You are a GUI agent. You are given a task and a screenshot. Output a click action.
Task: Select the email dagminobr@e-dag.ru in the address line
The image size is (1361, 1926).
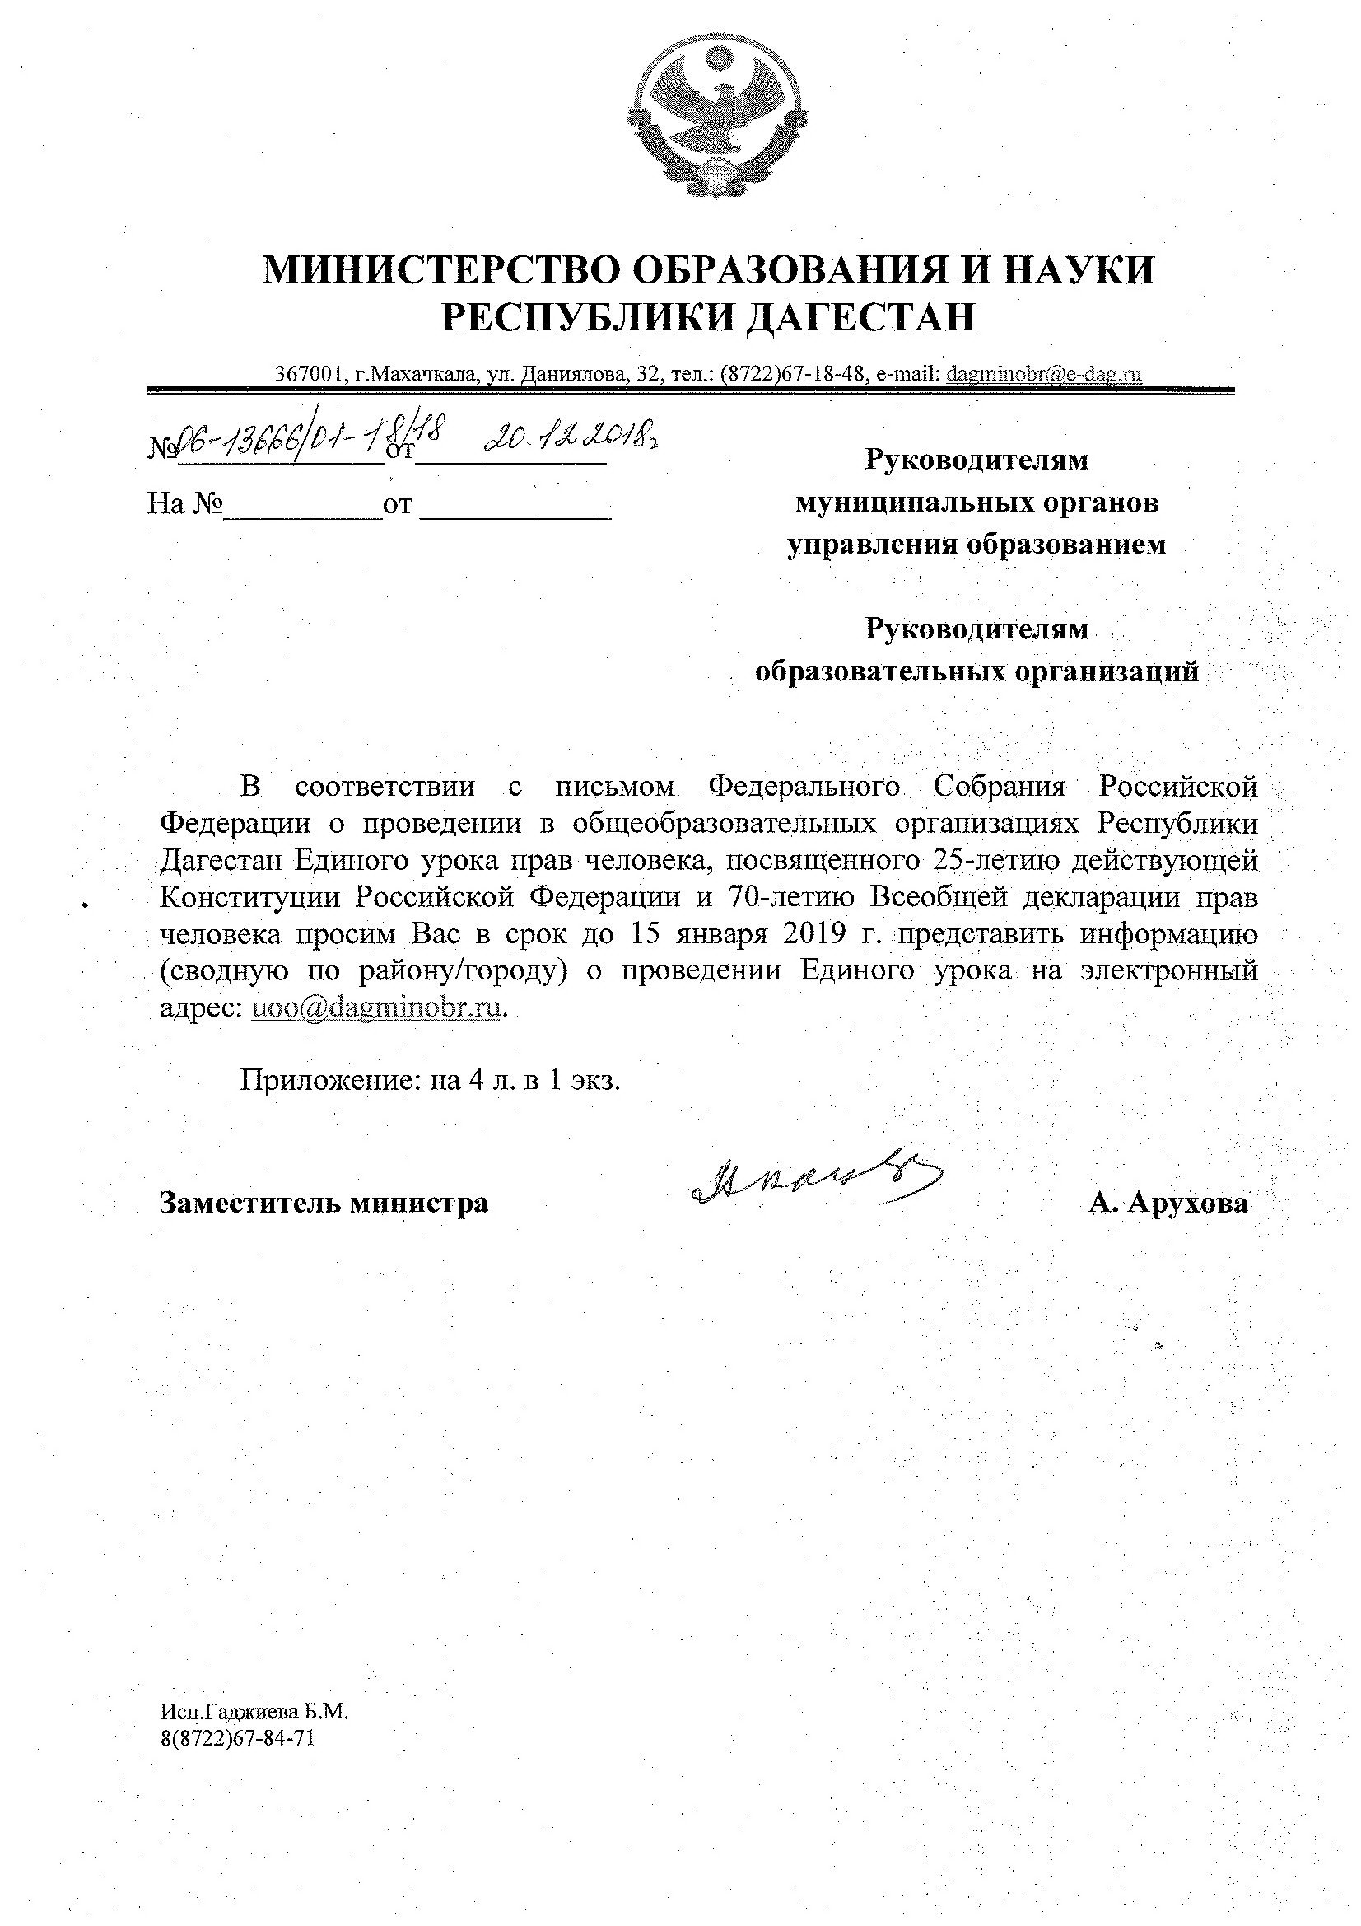coord(1043,374)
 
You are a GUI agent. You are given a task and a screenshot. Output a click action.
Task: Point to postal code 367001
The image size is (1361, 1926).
coord(311,375)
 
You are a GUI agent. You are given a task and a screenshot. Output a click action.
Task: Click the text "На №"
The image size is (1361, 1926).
coord(184,504)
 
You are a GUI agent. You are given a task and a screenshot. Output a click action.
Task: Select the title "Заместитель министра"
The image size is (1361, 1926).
coord(324,1202)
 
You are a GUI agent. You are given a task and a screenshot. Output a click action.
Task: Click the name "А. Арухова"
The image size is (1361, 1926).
coord(1168,1202)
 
